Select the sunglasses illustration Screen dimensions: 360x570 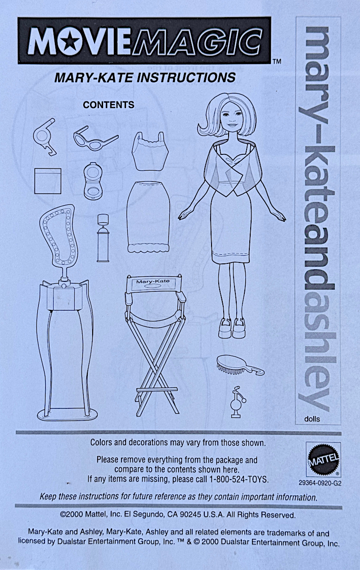click(96, 140)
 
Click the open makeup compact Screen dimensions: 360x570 click(94, 181)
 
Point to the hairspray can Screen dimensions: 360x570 click(103, 238)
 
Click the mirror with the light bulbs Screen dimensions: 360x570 click(59, 238)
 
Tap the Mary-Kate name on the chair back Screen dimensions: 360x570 click(153, 281)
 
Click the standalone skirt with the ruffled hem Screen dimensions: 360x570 click(148, 217)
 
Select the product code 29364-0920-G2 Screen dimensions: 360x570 click(320, 483)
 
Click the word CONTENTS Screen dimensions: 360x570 click(108, 105)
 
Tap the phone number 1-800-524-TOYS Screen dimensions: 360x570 click(238, 479)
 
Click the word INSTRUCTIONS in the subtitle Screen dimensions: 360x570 click(186, 77)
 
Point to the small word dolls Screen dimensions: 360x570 click(312, 419)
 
